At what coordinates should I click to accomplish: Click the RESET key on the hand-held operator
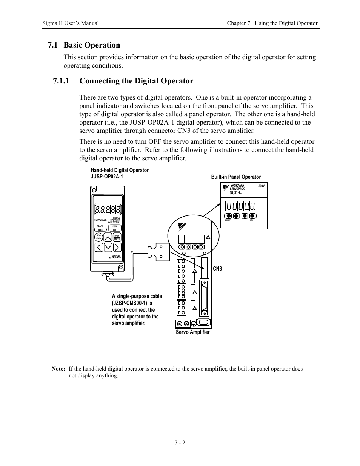click(x=100, y=229)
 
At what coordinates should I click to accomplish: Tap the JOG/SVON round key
click(x=98, y=237)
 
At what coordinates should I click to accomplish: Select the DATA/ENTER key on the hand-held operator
click(x=117, y=238)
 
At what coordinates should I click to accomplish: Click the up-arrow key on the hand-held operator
click(x=108, y=237)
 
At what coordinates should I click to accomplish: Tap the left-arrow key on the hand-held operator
click(x=98, y=247)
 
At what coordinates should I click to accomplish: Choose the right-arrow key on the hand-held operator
click(x=117, y=247)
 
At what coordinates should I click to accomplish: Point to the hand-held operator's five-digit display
click(x=108, y=209)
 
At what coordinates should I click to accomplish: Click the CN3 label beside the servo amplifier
click(x=217, y=269)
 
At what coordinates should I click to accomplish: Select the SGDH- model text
click(x=235, y=193)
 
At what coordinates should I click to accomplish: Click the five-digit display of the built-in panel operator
click(x=240, y=206)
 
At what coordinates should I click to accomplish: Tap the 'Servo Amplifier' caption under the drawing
click(x=192, y=332)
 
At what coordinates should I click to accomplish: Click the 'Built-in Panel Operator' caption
click(x=236, y=177)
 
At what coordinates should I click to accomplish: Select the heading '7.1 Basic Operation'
click(x=84, y=45)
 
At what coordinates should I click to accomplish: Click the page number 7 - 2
click(x=180, y=443)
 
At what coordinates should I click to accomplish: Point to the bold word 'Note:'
click(x=58, y=369)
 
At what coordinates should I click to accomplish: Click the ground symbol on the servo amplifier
click(x=194, y=323)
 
